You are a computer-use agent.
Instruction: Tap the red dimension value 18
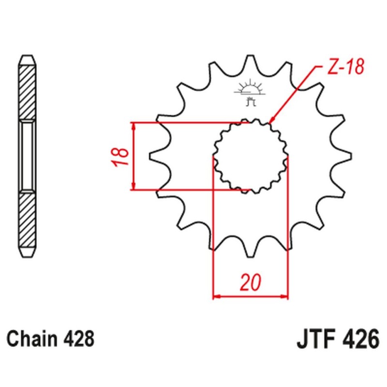point(121,156)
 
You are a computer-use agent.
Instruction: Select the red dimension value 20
point(251,283)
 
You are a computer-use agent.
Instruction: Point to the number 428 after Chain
point(78,339)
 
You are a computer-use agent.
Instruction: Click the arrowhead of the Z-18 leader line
point(271,120)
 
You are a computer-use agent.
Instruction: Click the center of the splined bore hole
point(251,156)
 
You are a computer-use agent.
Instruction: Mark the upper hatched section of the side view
point(27,92)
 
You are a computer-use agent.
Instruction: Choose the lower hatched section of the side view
point(27,220)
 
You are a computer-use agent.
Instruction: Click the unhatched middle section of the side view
point(27,156)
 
